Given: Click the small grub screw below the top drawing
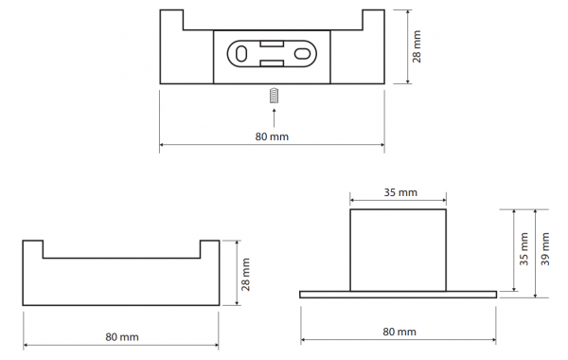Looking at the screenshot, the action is click(275, 96).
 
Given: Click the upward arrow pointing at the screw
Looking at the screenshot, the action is click(274, 117).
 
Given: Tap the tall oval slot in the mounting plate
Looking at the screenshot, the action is click(240, 54).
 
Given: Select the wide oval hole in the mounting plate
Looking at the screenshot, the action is click(301, 54).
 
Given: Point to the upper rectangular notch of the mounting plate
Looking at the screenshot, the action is click(272, 44).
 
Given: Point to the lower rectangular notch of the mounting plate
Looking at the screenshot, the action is click(272, 63).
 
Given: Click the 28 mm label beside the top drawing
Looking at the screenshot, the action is click(417, 46).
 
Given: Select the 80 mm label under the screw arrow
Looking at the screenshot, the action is click(272, 136).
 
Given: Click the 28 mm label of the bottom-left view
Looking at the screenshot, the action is click(245, 274).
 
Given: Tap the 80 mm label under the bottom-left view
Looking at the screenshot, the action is click(122, 337).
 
